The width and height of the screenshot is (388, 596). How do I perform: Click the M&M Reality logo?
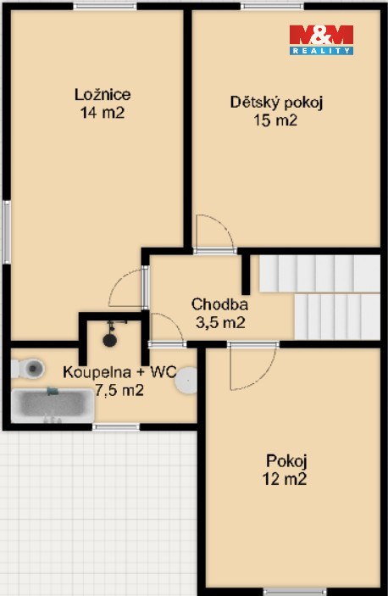click(321, 40)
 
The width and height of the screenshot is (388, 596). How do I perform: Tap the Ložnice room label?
click(103, 95)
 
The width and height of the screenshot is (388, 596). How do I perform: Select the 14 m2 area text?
click(103, 113)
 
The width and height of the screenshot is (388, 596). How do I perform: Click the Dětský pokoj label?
click(276, 103)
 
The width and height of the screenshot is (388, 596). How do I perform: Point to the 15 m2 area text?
click(275, 120)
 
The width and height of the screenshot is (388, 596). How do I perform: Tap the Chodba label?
click(219, 304)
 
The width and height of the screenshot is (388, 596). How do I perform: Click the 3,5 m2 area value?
click(220, 323)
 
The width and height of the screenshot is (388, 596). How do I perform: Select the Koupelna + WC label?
click(119, 371)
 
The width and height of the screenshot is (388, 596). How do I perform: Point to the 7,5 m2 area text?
click(119, 390)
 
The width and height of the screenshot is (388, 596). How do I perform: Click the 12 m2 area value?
click(285, 479)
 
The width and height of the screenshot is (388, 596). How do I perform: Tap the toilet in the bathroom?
click(27, 368)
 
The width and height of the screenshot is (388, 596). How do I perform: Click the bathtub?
click(53, 405)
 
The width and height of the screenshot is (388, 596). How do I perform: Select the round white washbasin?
click(186, 380)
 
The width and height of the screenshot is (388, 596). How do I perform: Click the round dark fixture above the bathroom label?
click(110, 339)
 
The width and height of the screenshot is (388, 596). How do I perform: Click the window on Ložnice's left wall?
click(7, 231)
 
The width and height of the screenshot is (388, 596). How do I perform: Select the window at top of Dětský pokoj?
click(272, 6)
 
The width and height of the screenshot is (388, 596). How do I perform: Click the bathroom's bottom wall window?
click(116, 427)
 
